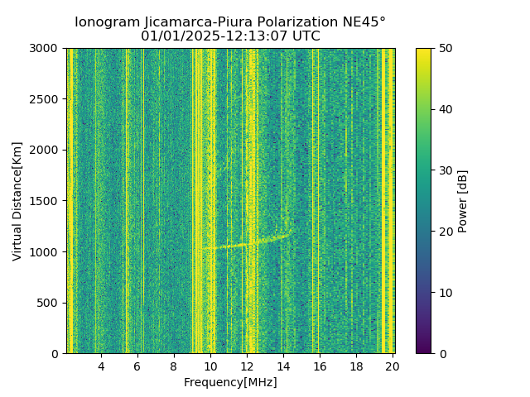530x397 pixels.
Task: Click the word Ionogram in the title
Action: (106, 22)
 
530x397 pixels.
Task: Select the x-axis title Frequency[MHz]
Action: (230, 382)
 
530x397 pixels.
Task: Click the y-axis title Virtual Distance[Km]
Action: (17, 201)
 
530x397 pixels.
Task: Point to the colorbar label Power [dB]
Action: (463, 201)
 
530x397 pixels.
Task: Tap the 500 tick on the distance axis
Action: (51, 303)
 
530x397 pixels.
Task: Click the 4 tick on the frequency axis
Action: (101, 366)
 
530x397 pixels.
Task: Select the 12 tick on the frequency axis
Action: (247, 366)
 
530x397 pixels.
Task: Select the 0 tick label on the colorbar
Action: (441, 353)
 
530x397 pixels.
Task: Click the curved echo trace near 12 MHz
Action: (247, 243)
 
